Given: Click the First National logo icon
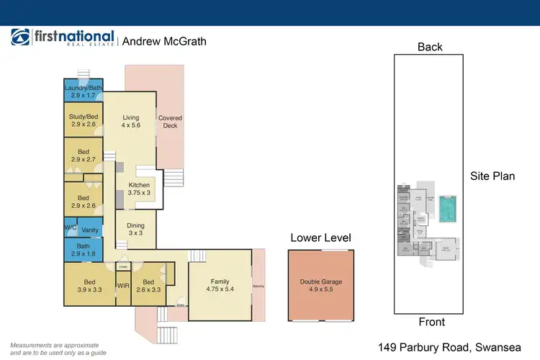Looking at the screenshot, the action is tap(20, 39).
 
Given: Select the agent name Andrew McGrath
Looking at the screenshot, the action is tap(164, 41).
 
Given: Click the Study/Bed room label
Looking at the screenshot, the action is tap(83, 120).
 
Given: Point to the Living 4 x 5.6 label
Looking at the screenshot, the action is tap(130, 122).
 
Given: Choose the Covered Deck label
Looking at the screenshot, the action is tap(170, 122).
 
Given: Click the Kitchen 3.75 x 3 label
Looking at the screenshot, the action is tap(139, 189).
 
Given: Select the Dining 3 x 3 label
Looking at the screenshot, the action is tap(135, 229).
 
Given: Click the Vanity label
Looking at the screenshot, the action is tap(90, 230).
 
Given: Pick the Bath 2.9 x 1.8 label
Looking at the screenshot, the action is tap(83, 249).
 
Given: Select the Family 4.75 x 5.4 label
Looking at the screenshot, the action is tap(220, 286).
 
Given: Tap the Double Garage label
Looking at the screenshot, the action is tap(322, 287).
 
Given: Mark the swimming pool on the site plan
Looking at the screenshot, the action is tap(447, 209).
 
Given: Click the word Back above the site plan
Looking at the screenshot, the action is tap(430, 48).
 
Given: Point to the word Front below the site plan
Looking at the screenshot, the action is tap(431, 322).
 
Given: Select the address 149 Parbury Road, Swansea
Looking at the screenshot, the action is tap(455, 346).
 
